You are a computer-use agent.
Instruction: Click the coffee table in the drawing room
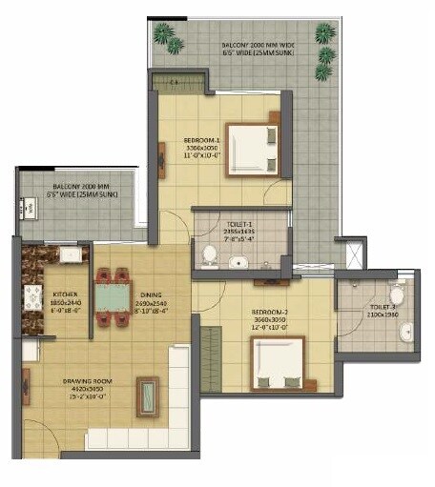[x=148, y=396]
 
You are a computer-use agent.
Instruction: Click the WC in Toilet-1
[x=208, y=254]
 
